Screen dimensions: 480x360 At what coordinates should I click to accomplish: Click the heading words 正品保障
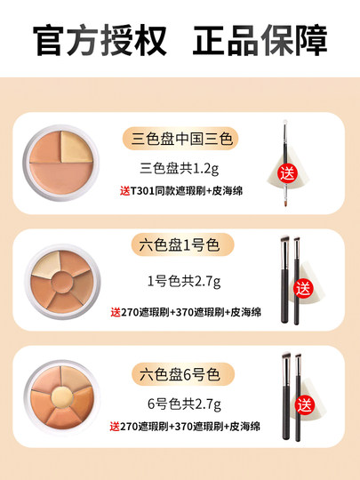tap(260, 40)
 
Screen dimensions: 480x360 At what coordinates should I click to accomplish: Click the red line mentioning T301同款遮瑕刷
tap(180, 190)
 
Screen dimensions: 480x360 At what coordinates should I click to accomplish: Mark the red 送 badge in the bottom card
tap(306, 405)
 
